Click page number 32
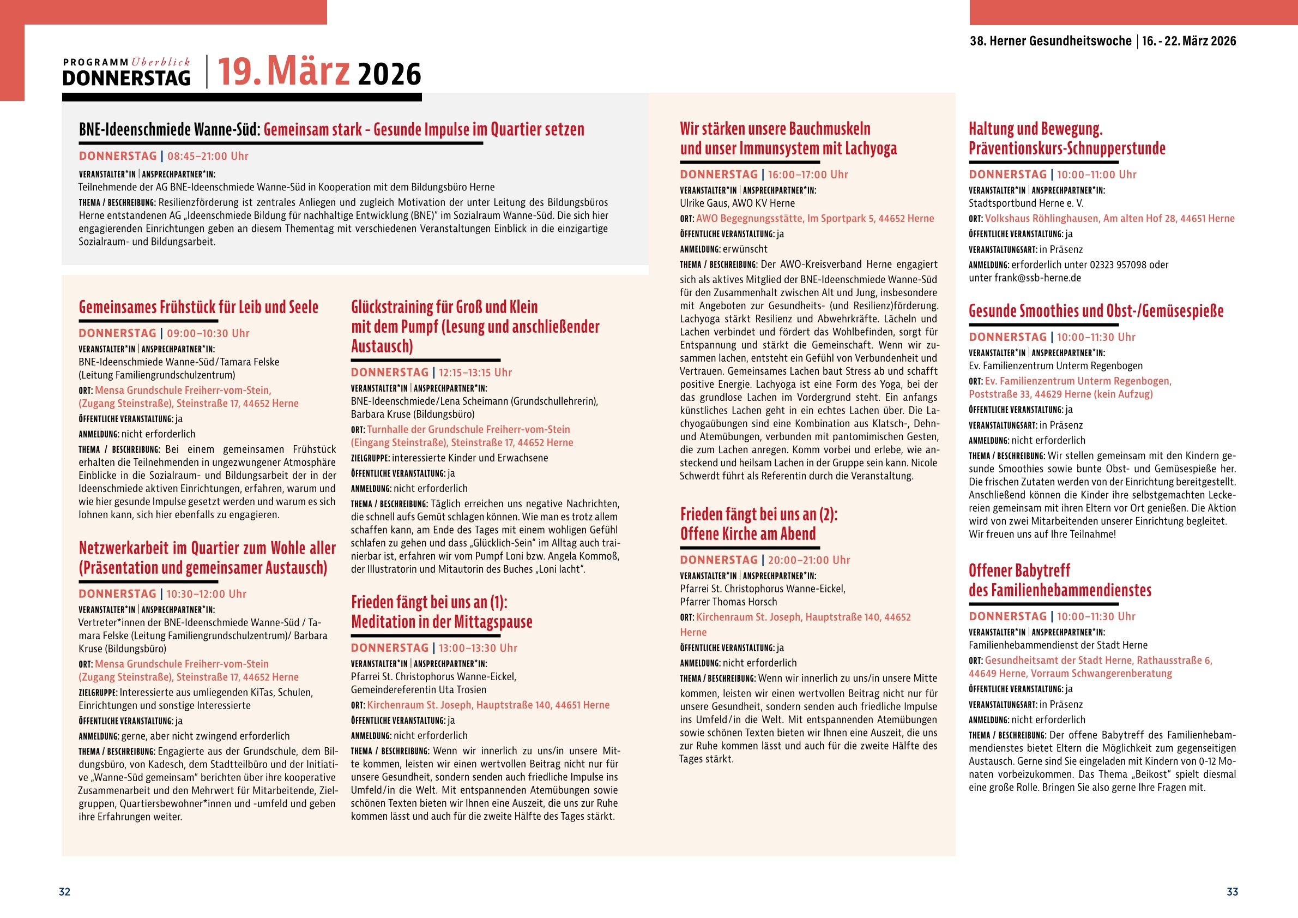pos(64,892)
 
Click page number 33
pos(1232,892)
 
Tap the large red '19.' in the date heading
pos(240,72)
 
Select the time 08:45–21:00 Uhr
pos(208,156)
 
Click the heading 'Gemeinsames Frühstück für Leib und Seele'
pos(198,307)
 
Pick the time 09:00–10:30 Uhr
pos(208,333)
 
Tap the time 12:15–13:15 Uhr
pos(475,372)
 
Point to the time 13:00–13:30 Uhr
pos(478,647)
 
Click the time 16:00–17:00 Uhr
pos(807,175)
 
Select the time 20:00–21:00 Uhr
pos(808,560)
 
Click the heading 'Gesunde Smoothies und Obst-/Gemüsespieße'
pos(1096,310)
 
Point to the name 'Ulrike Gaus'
pos(703,203)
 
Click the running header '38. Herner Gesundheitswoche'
pos(1051,41)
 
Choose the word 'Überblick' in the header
pos(161,62)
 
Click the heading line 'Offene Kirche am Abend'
pos(747,534)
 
